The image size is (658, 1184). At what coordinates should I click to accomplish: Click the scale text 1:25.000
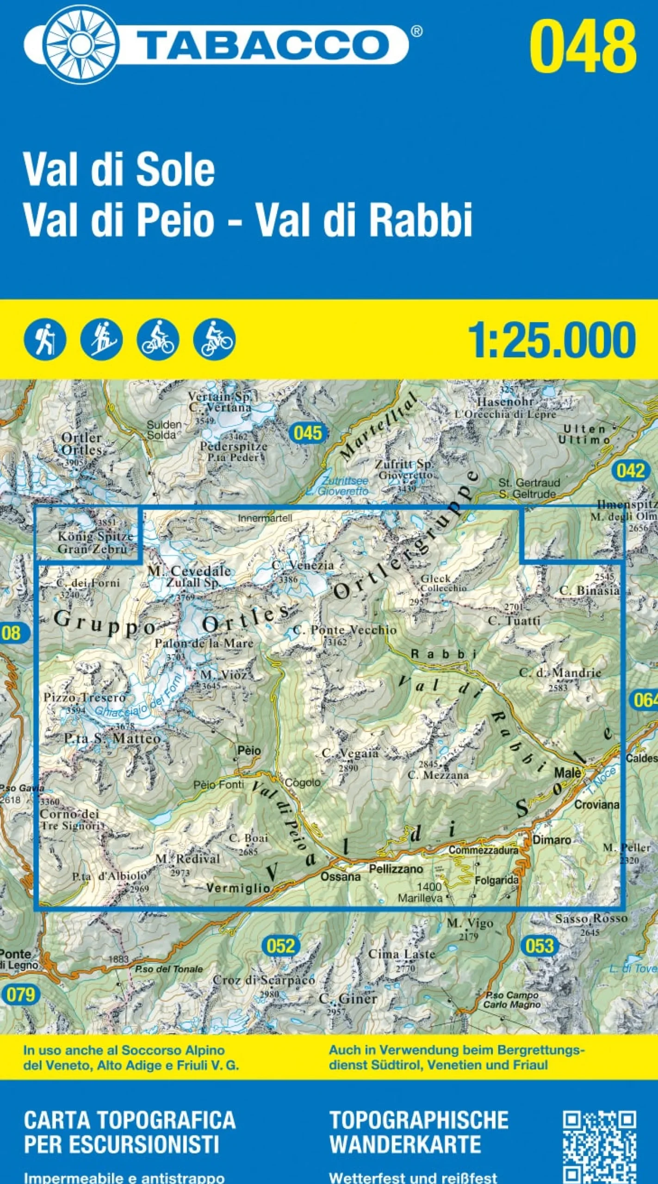(x=552, y=341)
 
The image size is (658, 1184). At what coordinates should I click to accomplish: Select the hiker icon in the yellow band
(x=45, y=339)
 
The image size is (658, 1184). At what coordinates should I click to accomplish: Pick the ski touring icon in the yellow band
(x=101, y=339)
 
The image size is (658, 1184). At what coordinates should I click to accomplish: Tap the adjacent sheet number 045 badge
(x=308, y=433)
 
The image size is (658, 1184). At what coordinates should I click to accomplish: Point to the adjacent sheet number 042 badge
(x=631, y=471)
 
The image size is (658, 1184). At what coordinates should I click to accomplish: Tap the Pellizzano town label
(x=396, y=869)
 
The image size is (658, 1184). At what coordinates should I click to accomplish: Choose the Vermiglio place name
(x=238, y=888)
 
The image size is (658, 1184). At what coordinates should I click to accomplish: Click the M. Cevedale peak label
(x=189, y=571)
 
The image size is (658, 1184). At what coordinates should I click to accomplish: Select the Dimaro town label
(x=552, y=840)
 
